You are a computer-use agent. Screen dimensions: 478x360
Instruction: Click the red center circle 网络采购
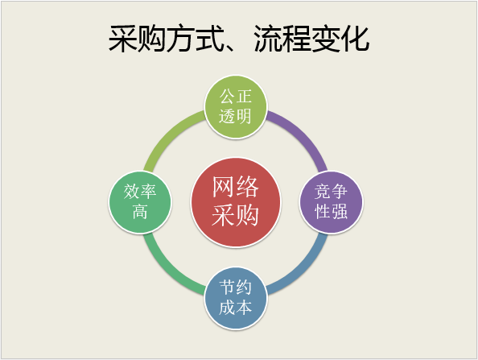point(236,202)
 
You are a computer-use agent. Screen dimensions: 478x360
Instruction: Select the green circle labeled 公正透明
point(236,107)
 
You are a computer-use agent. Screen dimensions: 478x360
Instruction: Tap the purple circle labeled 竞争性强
point(332,202)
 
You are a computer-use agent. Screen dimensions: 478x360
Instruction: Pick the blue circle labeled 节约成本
point(236,298)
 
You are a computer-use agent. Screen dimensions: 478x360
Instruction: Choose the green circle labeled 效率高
point(140,202)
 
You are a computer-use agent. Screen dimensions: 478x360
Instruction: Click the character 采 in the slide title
point(122,39)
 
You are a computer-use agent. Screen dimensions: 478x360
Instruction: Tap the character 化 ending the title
point(356,39)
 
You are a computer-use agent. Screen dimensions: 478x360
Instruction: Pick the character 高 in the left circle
point(140,212)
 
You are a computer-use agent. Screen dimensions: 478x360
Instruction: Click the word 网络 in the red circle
point(236,187)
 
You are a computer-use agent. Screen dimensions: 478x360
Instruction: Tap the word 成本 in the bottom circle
point(236,307)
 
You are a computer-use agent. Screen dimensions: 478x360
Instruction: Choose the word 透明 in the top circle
point(236,116)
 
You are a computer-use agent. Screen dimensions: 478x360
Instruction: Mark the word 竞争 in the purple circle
point(332,192)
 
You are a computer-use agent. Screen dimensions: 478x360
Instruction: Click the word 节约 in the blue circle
point(236,288)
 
